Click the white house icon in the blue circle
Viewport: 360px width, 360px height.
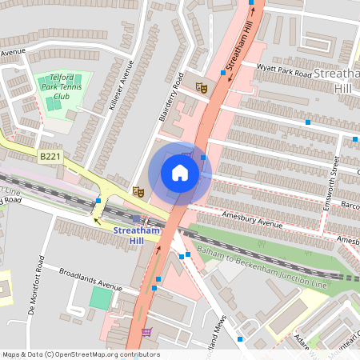click(180, 173)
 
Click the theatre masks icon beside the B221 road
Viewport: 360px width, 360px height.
click(138, 192)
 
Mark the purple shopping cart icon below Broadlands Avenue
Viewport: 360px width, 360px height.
click(146, 331)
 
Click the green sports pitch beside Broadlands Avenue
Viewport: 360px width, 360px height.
click(101, 298)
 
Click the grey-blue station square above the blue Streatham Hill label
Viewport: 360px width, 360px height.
click(136, 218)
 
